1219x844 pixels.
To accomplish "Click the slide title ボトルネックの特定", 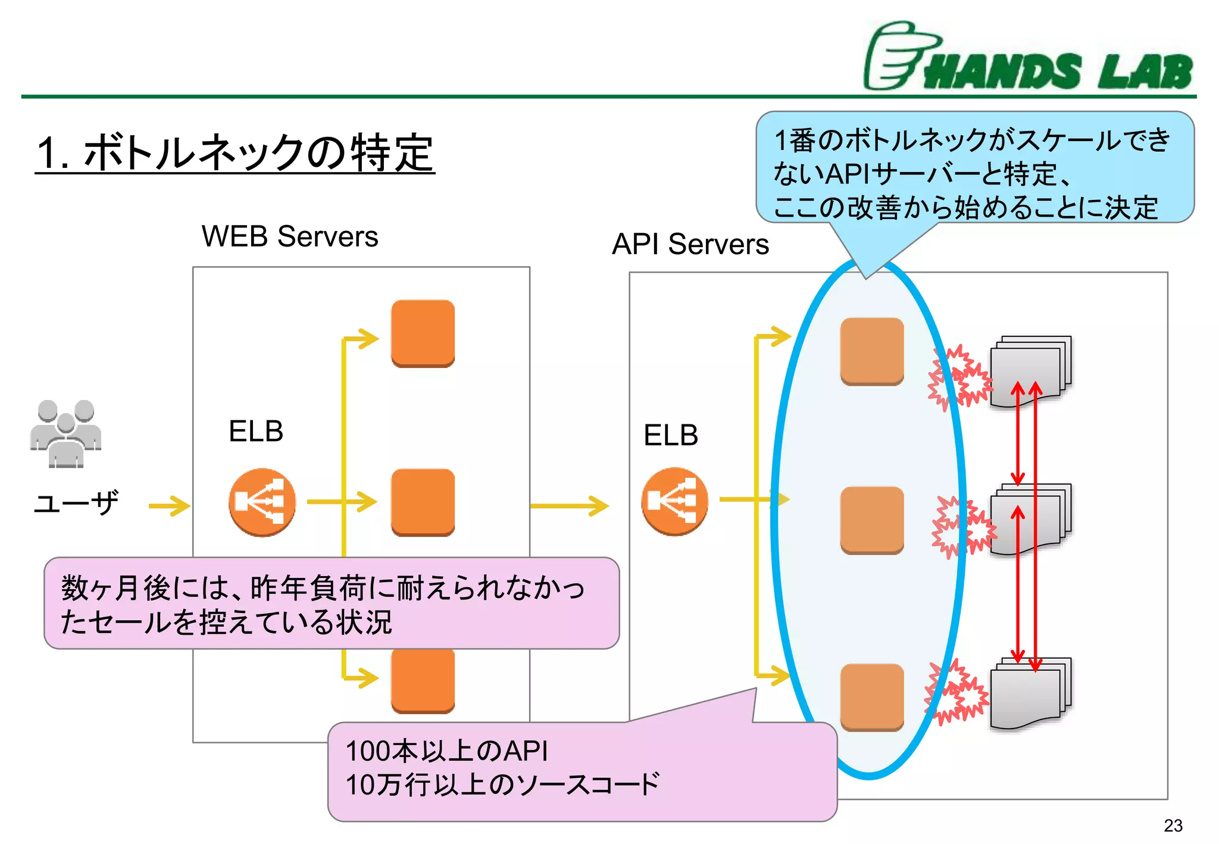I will click(235, 153).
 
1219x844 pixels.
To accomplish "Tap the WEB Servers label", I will click(290, 236).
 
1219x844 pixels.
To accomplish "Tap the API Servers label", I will click(690, 244).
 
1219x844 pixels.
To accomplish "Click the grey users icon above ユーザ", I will click(65, 434).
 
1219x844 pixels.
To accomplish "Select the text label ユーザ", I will click(76, 504).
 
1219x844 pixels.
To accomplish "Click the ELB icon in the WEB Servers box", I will click(262, 502).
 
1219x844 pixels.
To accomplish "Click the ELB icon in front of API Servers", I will click(674, 501).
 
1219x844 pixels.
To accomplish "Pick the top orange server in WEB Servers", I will click(423, 333).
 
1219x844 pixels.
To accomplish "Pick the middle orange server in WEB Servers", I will click(423, 502).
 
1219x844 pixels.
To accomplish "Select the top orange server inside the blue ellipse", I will click(872, 351).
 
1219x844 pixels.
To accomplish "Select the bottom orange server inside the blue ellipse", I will click(872, 697).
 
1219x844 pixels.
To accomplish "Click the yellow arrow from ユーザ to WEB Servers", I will click(169, 506).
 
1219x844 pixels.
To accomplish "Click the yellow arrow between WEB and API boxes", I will click(569, 506).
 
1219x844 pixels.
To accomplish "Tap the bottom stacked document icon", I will click(1030, 693).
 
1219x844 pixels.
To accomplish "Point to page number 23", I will click(1173, 826).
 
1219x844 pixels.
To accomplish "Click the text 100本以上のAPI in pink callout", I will click(446, 751).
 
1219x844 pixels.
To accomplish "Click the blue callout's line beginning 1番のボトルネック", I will click(971, 140).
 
